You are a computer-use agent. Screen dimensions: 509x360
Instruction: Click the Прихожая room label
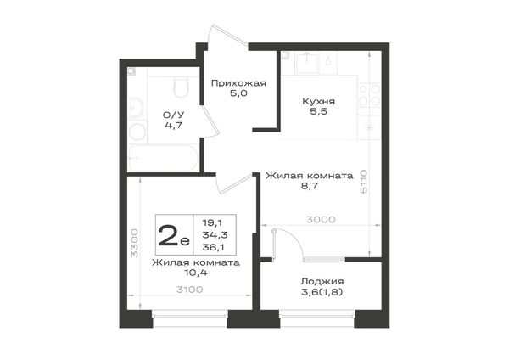coord(238,83)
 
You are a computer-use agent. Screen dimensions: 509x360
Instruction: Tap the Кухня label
coord(318,101)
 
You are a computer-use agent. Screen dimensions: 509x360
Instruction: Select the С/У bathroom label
coord(173,115)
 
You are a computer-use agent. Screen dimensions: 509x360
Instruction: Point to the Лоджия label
coord(322,281)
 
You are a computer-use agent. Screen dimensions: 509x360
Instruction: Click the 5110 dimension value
coord(364,182)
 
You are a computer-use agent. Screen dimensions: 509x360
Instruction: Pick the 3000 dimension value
coord(321,220)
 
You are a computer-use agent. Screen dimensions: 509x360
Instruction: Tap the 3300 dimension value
coord(134,243)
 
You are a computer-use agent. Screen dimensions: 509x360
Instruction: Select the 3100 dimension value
coord(189,290)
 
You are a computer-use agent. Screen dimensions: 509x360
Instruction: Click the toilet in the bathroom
coord(181,87)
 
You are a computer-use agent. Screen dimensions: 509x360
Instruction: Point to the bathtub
coord(163,158)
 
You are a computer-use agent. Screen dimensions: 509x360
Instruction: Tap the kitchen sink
coord(307,64)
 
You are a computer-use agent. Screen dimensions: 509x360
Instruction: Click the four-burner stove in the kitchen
coord(369,96)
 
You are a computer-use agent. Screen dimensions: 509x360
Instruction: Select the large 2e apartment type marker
coord(174,235)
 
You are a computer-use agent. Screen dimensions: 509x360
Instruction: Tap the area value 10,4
coord(196,273)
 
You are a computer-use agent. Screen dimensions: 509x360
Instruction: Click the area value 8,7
coord(310,187)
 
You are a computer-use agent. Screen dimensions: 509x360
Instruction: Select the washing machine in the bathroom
coord(137,132)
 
